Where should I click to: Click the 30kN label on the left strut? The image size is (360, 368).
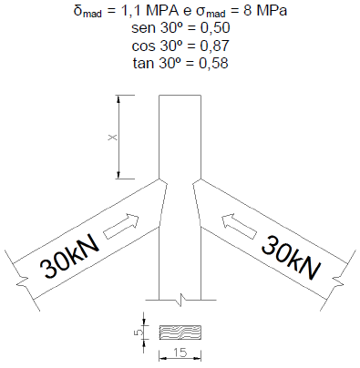(70, 257)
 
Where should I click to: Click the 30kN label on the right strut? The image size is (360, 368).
(291, 258)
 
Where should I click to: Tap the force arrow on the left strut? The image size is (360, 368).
(121, 226)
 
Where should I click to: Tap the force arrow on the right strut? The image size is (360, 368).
(239, 226)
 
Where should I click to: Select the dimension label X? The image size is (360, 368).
(113, 138)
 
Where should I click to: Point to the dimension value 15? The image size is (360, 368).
(180, 353)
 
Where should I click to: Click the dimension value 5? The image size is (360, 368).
(138, 332)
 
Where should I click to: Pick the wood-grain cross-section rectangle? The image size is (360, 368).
(180, 332)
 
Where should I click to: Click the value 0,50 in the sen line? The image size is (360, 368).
(215, 28)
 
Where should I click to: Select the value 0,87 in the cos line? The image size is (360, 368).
(214, 46)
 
